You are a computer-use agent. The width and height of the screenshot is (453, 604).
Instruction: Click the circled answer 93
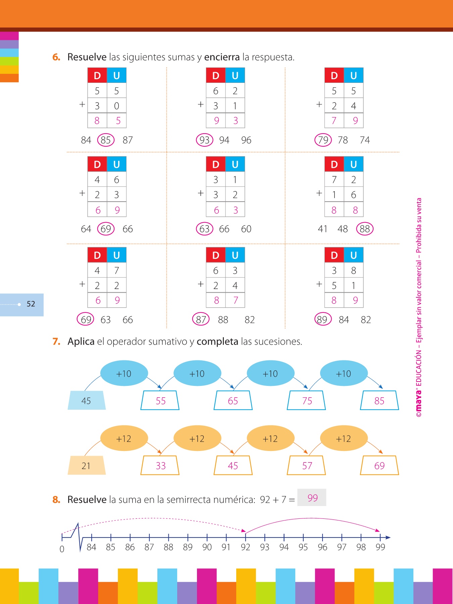pos(204,140)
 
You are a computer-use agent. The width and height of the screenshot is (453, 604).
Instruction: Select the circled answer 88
pos(364,229)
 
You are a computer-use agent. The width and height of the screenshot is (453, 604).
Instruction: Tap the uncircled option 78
pos(343,140)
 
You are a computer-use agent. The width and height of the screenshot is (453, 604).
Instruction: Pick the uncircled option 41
pos(322,229)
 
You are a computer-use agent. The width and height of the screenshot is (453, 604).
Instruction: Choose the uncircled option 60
pos(246,229)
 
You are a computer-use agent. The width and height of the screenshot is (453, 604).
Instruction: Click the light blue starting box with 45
pos(87,400)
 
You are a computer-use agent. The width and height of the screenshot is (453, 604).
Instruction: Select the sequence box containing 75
pos(306,400)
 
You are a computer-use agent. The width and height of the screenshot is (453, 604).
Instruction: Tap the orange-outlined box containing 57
pos(306,465)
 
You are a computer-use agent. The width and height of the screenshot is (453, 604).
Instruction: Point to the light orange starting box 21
pos(87,465)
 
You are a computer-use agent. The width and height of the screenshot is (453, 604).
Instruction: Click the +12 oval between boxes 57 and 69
pos(344,439)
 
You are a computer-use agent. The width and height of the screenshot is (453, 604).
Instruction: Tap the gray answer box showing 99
pos(312,498)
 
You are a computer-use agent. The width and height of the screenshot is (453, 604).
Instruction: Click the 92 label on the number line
pos(245,547)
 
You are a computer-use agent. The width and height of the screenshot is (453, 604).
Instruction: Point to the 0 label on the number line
pos(62,549)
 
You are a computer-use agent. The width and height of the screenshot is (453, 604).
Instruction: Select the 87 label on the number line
pos(149,547)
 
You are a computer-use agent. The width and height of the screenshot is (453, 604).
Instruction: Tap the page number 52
pos(31,304)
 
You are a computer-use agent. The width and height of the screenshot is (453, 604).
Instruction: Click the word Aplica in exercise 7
pos(81,342)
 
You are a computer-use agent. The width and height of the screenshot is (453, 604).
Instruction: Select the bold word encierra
pos(222,57)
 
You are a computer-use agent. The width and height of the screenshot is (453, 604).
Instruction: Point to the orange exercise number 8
pos(56,500)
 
